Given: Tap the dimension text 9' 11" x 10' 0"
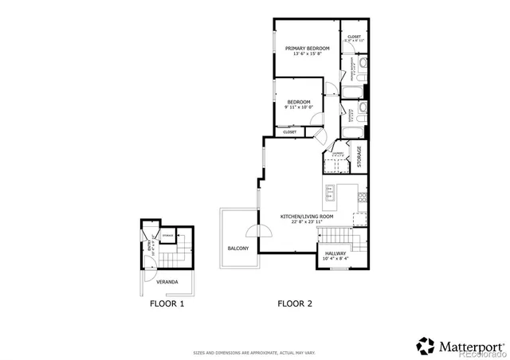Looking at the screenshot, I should pos(299,108).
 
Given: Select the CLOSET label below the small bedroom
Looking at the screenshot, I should pos(289,131).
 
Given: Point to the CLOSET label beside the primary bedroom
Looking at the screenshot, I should pos(354,37).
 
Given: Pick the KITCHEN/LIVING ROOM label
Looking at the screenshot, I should pos(306,217).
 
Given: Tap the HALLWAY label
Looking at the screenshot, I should pos(335,252).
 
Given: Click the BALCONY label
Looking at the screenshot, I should pos(238,248).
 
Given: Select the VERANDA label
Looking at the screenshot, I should pos(167,282).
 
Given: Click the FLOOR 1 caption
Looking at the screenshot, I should pos(167,303).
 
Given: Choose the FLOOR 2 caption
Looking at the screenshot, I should pos(294,303).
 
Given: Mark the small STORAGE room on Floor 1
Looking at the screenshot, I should pos(168,237).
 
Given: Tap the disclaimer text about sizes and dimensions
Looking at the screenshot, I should pos(254,352).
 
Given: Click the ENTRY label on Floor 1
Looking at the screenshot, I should pos(149,246).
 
